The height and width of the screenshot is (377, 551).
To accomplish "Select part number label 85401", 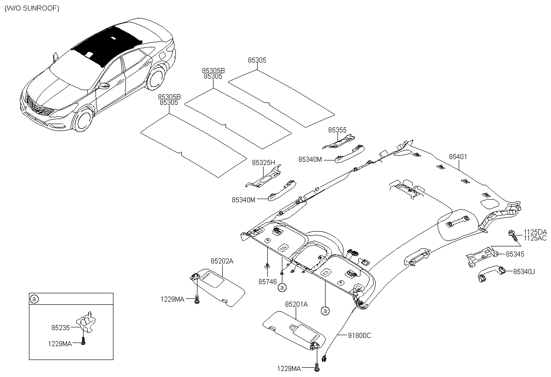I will pyautogui.click(x=458, y=157).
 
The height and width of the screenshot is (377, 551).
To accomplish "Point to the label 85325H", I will pyautogui.click(x=263, y=163).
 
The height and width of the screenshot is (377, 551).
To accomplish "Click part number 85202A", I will pyautogui.click(x=222, y=261).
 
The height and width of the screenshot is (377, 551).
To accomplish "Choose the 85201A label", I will pyautogui.click(x=296, y=304).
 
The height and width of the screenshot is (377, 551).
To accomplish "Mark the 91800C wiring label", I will pyautogui.click(x=360, y=335).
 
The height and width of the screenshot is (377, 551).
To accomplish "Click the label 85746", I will pyautogui.click(x=267, y=282).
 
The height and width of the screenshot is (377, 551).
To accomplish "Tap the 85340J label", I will pyautogui.click(x=524, y=272).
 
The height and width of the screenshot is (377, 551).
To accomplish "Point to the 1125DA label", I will pyautogui.click(x=535, y=232).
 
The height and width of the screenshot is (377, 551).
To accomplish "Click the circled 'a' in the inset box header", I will pyautogui.click(x=34, y=299).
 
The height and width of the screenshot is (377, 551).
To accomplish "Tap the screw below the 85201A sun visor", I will pyautogui.click(x=317, y=368).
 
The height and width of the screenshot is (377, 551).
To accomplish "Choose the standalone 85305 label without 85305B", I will pyautogui.click(x=257, y=60).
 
